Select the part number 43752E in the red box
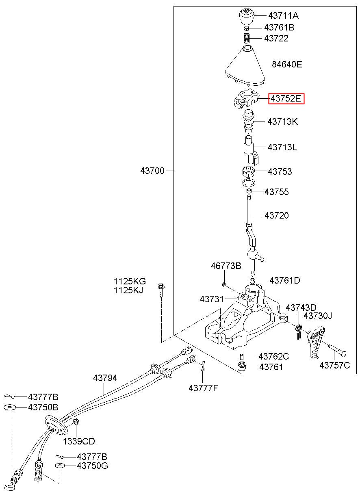(x=286, y=98)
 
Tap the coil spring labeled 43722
(x=247, y=38)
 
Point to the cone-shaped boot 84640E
(x=245, y=66)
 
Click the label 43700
(x=152, y=171)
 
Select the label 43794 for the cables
(x=105, y=378)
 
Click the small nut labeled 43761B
(x=247, y=28)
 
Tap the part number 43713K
(x=282, y=121)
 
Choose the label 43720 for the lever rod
(x=277, y=215)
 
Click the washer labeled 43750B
(x=10, y=407)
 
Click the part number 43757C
(x=334, y=365)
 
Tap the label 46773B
(x=226, y=266)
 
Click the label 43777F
(x=203, y=388)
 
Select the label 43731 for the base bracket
(x=212, y=299)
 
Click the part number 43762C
(x=274, y=356)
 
